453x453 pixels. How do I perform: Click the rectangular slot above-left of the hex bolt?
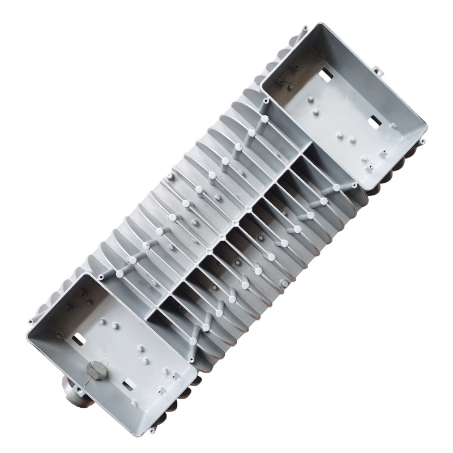(x=80, y=338)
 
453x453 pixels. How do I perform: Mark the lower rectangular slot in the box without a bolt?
(x=373, y=121)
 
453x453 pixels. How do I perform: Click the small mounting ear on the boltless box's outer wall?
(x=377, y=72)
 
